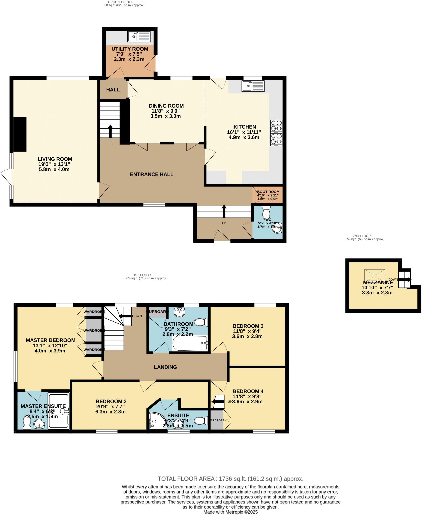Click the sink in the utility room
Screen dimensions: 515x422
tap(139, 37)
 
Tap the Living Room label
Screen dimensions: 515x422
tap(55, 159)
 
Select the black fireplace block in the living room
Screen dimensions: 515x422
tap(20, 134)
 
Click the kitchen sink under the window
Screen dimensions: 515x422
tap(253, 86)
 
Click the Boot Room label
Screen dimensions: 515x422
tap(268, 192)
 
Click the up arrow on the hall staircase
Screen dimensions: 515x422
tap(110, 131)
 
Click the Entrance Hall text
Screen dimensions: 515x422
tap(152, 174)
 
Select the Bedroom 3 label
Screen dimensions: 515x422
tap(248, 326)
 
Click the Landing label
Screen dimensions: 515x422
tap(165, 367)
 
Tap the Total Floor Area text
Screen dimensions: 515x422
tap(230, 479)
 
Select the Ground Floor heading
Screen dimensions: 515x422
tap(123, 2)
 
